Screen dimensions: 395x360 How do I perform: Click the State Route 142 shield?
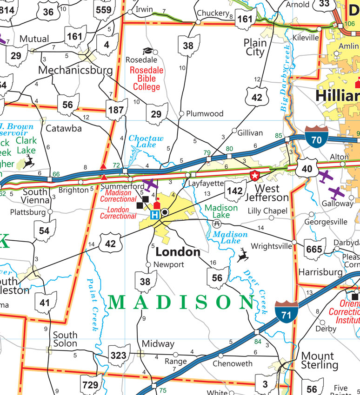235,191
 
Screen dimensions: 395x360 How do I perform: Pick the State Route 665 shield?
314,249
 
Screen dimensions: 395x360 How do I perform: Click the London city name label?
178,252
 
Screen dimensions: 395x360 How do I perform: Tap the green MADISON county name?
181,303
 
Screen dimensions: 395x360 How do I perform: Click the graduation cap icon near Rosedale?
147,51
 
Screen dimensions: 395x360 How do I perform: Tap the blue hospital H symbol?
155,214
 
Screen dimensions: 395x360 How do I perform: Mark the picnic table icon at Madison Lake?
216,224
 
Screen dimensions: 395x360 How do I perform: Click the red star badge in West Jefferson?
254,176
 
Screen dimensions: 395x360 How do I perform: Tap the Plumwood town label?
205,113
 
